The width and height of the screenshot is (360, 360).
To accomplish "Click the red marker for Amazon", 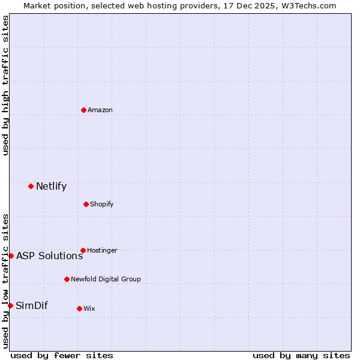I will pyautogui.click(x=83, y=110).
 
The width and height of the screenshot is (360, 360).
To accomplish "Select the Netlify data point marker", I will pyautogui.click(x=31, y=186).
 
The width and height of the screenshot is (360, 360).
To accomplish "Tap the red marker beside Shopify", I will pyautogui.click(x=86, y=204).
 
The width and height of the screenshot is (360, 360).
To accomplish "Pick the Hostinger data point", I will pyautogui.click(x=83, y=250).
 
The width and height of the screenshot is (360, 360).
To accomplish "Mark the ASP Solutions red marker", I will pyautogui.click(x=11, y=256).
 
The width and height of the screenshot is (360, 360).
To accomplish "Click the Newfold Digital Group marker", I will pyautogui.click(x=67, y=279).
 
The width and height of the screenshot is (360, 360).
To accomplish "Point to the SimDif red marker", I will pyautogui.click(x=10, y=305).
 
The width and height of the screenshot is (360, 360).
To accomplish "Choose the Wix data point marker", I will pyautogui.click(x=79, y=308).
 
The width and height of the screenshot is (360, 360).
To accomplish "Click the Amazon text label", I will pyautogui.click(x=100, y=110).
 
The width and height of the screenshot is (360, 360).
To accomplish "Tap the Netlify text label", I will pyautogui.click(x=51, y=186).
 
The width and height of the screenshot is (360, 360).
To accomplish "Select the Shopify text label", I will pyautogui.click(x=102, y=204).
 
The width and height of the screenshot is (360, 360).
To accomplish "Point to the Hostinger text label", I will pyautogui.click(x=102, y=250).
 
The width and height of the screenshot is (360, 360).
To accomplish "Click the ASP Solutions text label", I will pyautogui.click(x=49, y=256).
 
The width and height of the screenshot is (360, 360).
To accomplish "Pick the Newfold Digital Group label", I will pyautogui.click(x=106, y=279).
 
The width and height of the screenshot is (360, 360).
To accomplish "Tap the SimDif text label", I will pyautogui.click(x=32, y=305).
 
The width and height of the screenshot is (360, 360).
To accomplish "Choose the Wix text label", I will pyautogui.click(x=89, y=308).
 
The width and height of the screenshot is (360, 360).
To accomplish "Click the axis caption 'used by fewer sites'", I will pyautogui.click(x=62, y=355).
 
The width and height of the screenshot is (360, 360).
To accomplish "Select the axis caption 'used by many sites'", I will pyautogui.click(x=301, y=355).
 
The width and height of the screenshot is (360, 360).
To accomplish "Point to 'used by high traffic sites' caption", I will pyautogui.click(x=5, y=85).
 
